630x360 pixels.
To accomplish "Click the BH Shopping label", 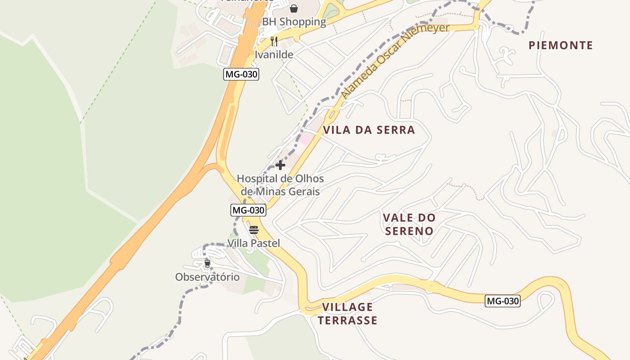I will tap(294, 22).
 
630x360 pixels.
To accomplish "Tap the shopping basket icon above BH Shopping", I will tap(294, 9).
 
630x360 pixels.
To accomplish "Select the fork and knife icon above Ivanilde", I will tap(274, 41).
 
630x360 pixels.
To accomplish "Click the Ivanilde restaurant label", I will tap(274, 55).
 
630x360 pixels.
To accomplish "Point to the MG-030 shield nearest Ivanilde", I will tap(241, 74).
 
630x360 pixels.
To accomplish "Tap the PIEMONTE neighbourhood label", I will tap(561, 45).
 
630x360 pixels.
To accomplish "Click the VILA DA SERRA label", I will tap(369, 130).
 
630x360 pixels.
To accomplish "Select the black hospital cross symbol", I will tap(280, 165).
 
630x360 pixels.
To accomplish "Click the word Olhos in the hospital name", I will tap(308, 179).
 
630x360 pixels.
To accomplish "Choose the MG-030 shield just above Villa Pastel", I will tap(248, 210).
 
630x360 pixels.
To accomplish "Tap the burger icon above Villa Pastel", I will tap(254, 230).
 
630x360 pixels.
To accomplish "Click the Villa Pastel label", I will tap(253, 243).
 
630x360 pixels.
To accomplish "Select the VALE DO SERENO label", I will tap(409, 224).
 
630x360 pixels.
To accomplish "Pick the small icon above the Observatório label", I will tap(207, 263).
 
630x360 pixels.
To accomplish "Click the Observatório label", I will tap(207, 277).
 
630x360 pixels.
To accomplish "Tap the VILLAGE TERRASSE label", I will tap(347, 314).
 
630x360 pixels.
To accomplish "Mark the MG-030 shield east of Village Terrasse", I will tap(502, 301).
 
